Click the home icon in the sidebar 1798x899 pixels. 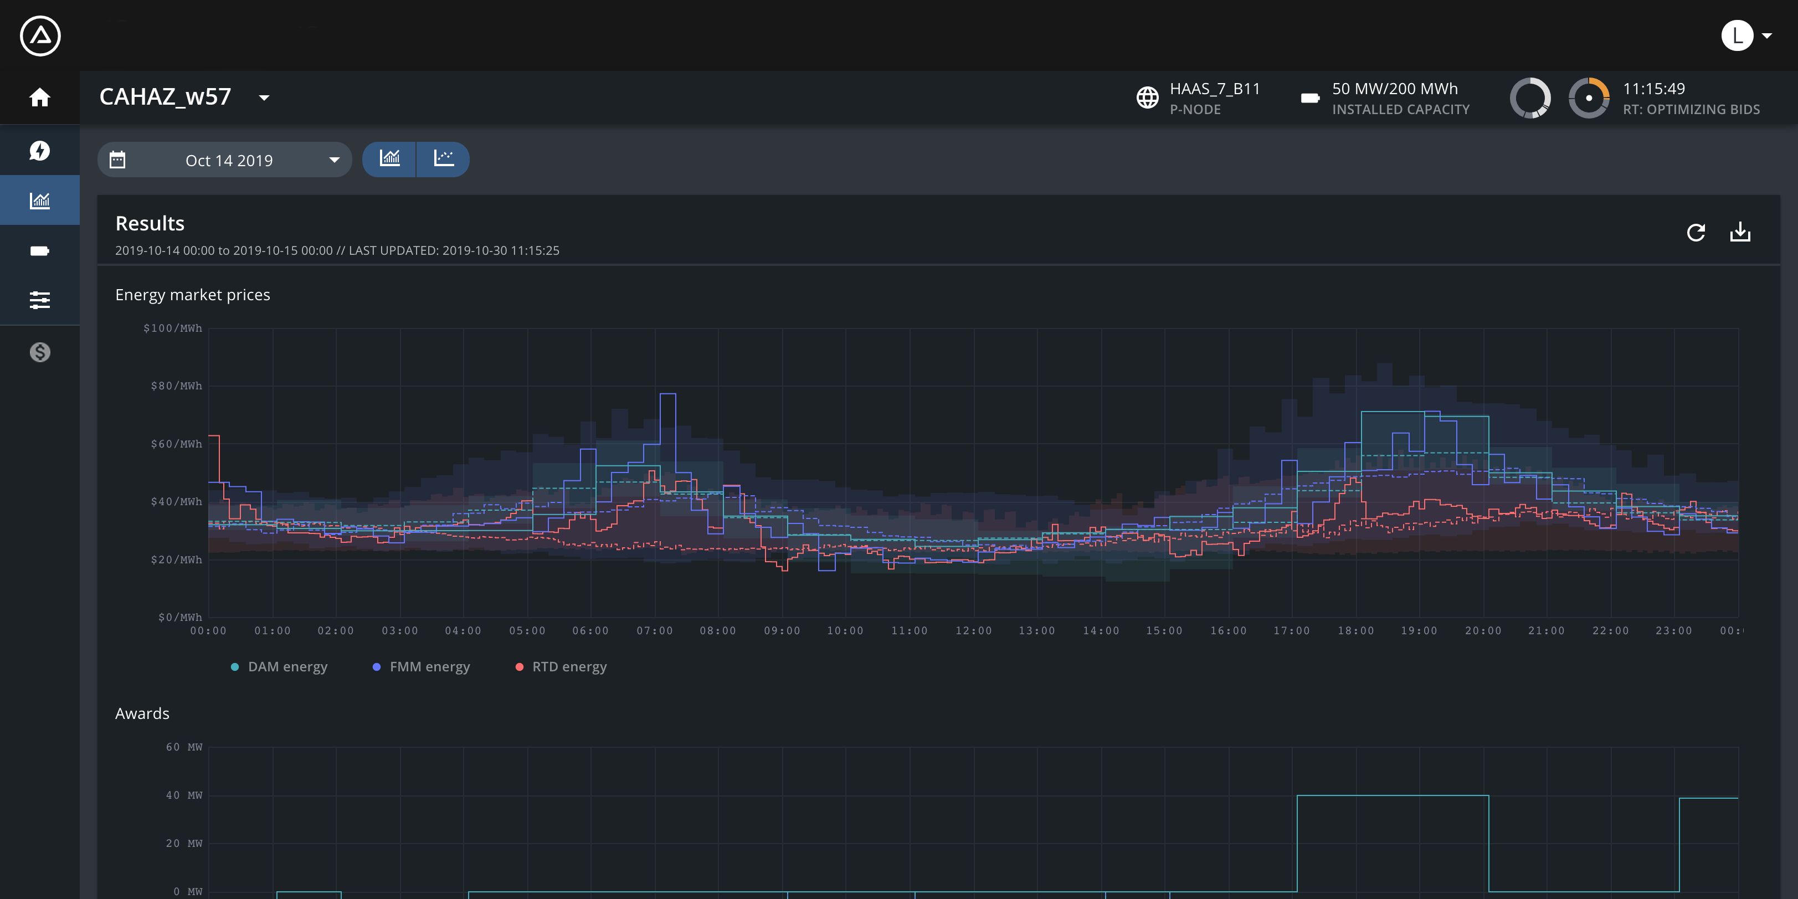click(x=40, y=97)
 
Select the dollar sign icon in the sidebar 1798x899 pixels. click(x=40, y=352)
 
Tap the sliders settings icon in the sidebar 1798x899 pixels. click(x=40, y=300)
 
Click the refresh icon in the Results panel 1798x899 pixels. click(x=1696, y=233)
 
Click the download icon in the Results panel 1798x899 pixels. click(x=1740, y=232)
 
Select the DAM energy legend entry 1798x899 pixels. click(x=279, y=666)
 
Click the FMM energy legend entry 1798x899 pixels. click(x=422, y=666)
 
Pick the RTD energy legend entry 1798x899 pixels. click(x=561, y=666)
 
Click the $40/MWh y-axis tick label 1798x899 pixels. click(x=176, y=502)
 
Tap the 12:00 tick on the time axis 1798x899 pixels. click(x=974, y=631)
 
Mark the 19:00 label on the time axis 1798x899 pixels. click(x=1419, y=631)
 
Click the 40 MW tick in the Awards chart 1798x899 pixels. click(x=184, y=795)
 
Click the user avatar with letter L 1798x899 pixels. click(x=1737, y=35)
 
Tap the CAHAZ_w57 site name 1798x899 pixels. click(x=166, y=96)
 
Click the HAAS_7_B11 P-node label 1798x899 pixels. click(x=1215, y=89)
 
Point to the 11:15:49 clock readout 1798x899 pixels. click(x=1653, y=89)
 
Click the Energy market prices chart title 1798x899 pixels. click(x=193, y=295)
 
